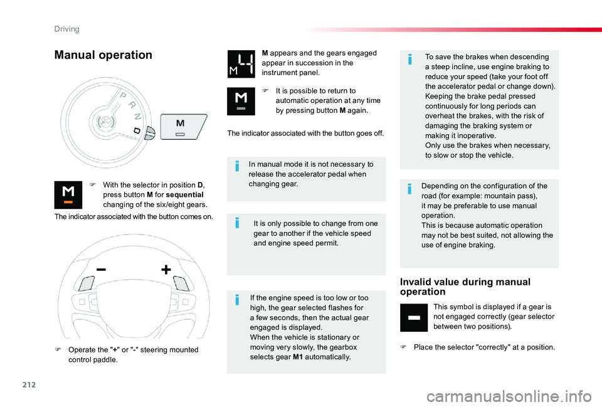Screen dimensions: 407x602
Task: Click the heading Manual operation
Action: point(103,55)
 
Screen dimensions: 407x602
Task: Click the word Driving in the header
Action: point(66,28)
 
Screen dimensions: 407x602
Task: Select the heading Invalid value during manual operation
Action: point(465,287)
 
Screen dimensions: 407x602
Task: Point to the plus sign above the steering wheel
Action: point(166,269)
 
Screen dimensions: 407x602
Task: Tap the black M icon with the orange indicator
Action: point(68,195)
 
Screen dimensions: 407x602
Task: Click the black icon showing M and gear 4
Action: point(241,64)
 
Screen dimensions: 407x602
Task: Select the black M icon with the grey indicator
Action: point(241,102)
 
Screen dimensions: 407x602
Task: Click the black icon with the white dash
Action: point(414,317)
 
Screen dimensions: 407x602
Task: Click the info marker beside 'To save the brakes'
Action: point(410,60)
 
